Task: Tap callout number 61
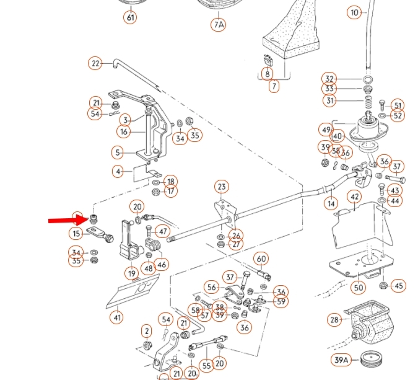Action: point(130,17)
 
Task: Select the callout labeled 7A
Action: point(218,25)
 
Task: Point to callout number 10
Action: point(354,12)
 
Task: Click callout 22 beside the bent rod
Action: point(95,63)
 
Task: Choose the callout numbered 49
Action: point(326,130)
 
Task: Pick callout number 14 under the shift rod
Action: point(331,203)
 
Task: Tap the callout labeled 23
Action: point(222,187)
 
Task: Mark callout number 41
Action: point(117,317)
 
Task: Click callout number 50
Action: point(359,288)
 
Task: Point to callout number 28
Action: point(334,319)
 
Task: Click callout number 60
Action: point(261,259)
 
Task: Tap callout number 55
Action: point(206,366)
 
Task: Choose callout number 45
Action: point(399,286)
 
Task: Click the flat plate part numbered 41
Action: point(133,292)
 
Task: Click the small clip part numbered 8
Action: point(268,61)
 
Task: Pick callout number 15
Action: point(76,234)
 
